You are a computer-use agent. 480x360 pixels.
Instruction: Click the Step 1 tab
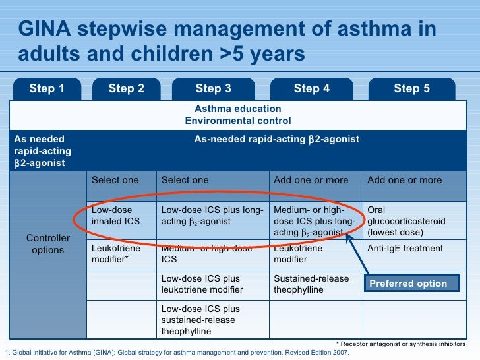[47, 88]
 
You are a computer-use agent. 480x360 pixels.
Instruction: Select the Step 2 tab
[126, 88]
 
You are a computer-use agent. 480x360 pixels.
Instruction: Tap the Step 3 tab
[213, 88]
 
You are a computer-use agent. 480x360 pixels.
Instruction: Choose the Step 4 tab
[311, 88]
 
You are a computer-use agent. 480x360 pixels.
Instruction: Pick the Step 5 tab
[411, 88]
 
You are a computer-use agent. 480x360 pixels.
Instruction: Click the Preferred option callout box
[407, 284]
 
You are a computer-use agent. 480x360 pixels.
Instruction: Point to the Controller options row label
[45, 244]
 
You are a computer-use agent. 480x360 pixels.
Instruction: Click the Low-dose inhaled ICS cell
[116, 216]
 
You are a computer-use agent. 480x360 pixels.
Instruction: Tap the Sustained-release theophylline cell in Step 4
[311, 284]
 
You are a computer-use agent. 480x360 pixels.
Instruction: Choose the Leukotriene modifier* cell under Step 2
[116, 255]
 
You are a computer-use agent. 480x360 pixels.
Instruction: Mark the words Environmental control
[237, 121]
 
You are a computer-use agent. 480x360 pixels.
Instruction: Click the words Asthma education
[237, 109]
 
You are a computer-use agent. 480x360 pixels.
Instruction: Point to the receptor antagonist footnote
[400, 344]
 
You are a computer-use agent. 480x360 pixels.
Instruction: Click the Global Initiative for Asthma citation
[177, 353]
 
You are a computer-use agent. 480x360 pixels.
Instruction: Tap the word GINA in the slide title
[46, 30]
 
